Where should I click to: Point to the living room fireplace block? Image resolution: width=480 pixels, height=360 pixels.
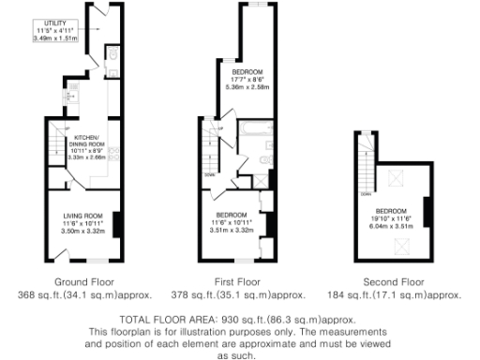[x=117, y=224]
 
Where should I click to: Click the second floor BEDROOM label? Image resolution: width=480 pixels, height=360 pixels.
[x=392, y=211]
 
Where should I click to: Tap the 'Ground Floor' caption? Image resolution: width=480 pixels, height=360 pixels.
[x=83, y=281]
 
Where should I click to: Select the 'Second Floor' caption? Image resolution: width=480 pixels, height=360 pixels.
[x=397, y=281]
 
